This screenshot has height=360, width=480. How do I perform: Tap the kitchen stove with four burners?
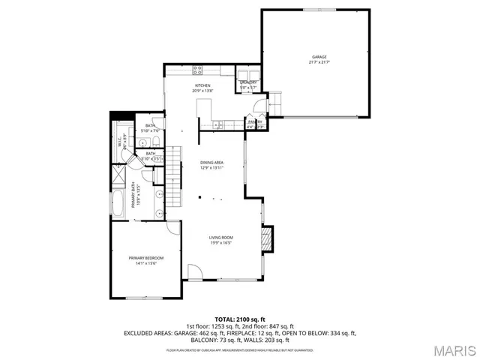pyautogui.click(x=198, y=71)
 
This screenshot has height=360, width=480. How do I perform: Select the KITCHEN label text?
pyautogui.click(x=202, y=85)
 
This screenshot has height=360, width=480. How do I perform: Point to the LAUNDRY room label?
pyautogui.click(x=248, y=82)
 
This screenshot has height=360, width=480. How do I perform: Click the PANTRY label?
pyautogui.click(x=255, y=121)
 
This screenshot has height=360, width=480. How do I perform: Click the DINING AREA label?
pyautogui.click(x=211, y=163)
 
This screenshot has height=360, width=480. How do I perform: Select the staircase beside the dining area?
pyautogui.click(x=175, y=161)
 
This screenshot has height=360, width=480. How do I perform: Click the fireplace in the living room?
pyautogui.click(x=265, y=240)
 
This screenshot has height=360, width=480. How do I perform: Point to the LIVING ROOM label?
pyautogui.click(x=220, y=238)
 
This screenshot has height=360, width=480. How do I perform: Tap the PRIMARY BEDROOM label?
pyautogui.click(x=145, y=258)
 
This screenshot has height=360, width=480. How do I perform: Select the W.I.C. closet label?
pyautogui.click(x=120, y=141)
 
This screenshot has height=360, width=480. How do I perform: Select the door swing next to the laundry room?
pyautogui.click(x=256, y=105)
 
